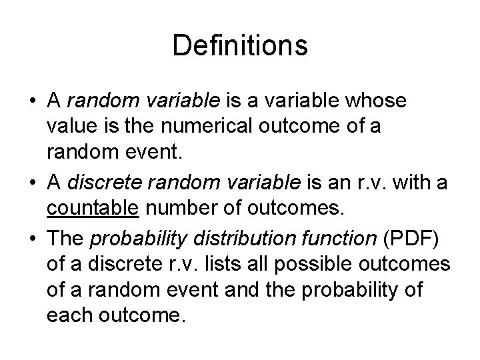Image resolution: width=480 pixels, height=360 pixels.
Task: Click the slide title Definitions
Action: (x=240, y=46)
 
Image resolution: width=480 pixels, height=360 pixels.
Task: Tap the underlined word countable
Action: (x=93, y=209)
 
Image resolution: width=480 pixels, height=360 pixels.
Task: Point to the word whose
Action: (x=379, y=101)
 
